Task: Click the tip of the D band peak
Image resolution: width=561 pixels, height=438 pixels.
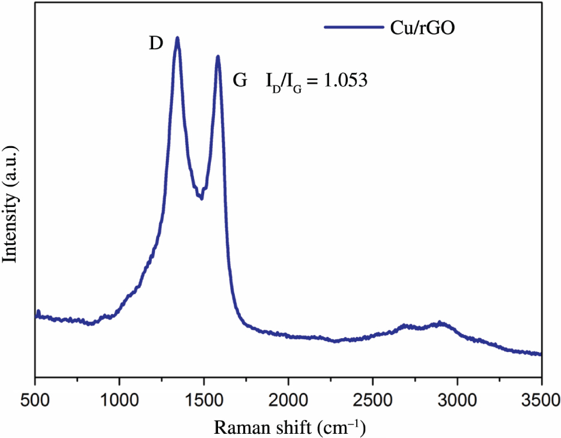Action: point(177,38)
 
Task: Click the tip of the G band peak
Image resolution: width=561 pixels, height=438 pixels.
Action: point(218,57)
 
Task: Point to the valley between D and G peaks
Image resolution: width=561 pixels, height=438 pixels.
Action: point(201,198)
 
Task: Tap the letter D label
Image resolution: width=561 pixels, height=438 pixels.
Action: point(156,45)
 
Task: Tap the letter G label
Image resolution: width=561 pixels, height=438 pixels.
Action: point(240,81)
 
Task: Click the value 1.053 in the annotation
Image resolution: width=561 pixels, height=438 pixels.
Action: point(345,81)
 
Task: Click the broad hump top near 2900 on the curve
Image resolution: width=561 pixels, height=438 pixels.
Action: point(440,323)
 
